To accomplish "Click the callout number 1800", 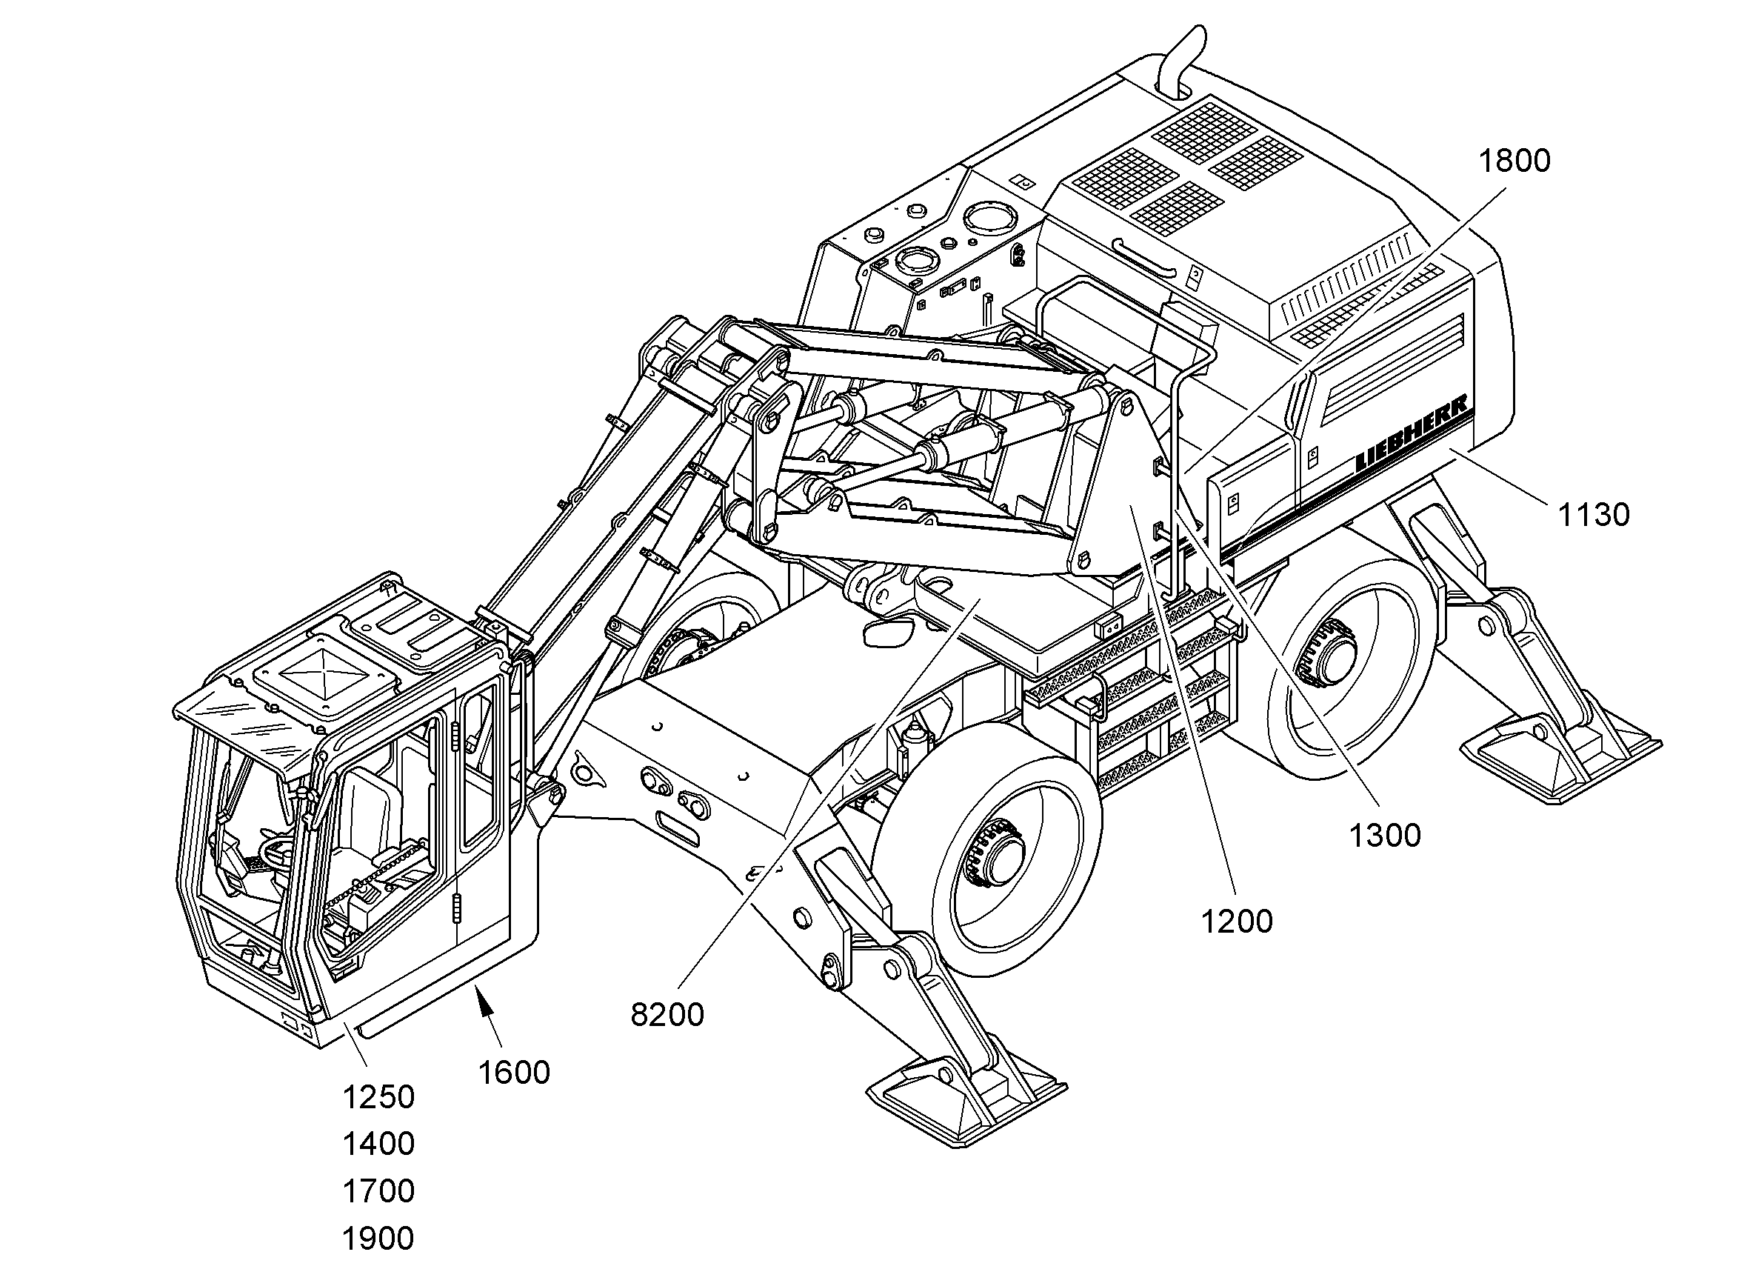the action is click(x=1514, y=161).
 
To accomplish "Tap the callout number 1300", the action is click(x=1385, y=836).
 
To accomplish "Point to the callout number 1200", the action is click(x=1237, y=922).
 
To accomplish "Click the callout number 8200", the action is click(x=667, y=1015).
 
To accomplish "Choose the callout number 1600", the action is click(x=514, y=1073).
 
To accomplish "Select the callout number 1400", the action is click(x=378, y=1144).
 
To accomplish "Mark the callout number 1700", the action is click(x=378, y=1191).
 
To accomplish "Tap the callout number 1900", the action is click(x=378, y=1238).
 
